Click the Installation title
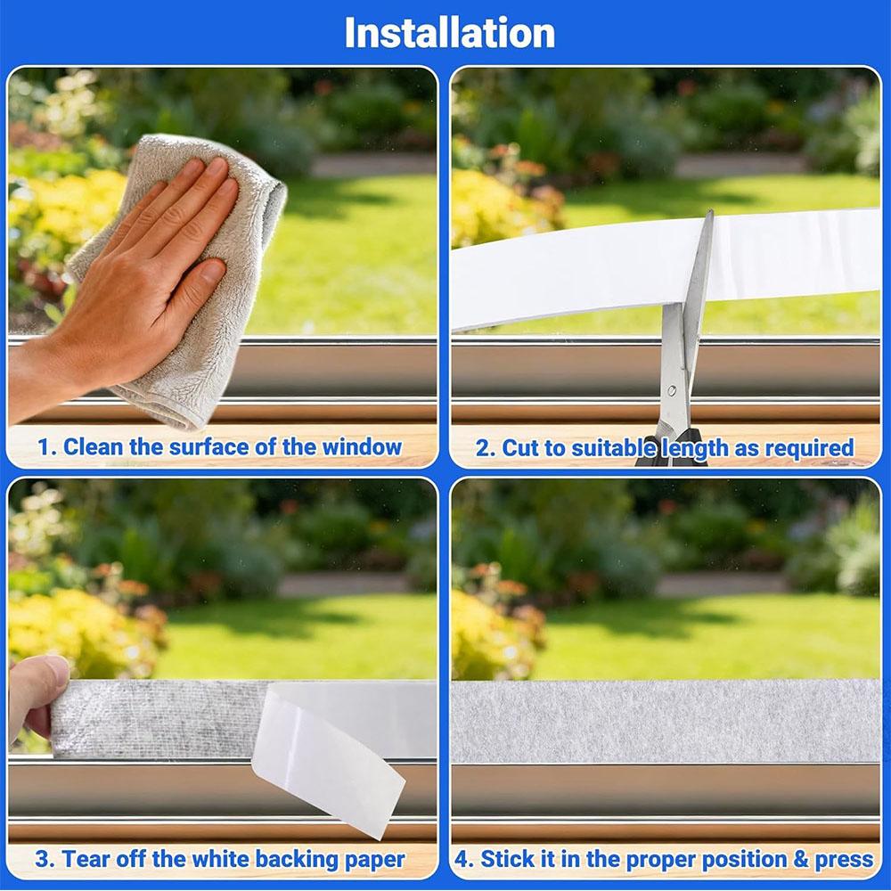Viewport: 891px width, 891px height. click(x=449, y=33)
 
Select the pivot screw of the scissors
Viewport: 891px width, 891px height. click(x=672, y=390)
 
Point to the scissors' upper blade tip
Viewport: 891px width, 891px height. click(x=710, y=211)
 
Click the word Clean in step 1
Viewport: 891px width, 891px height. click(x=94, y=446)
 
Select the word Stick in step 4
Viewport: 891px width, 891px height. click(x=501, y=859)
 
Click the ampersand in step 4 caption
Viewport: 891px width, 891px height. click(x=801, y=859)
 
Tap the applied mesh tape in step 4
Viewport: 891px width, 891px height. click(x=666, y=721)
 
